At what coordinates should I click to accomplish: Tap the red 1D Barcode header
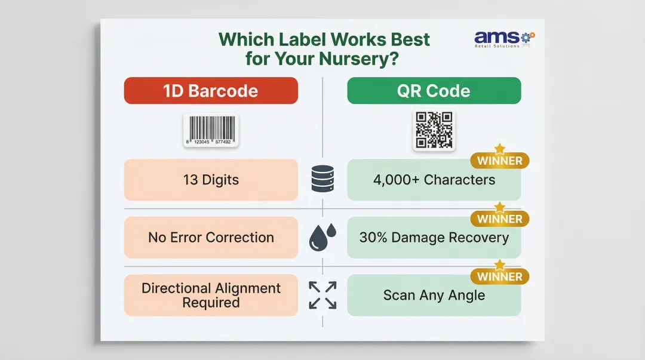pyautogui.click(x=210, y=91)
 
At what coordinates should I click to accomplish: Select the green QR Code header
pyautogui.click(x=434, y=91)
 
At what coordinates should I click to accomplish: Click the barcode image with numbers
pyautogui.click(x=211, y=130)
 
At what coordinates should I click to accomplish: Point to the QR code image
pyautogui.click(x=434, y=130)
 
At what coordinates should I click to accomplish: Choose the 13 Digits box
pyautogui.click(x=211, y=180)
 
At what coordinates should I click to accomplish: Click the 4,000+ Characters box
pyautogui.click(x=434, y=180)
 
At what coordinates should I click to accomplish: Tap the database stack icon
pyautogui.click(x=322, y=180)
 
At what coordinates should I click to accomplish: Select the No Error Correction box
pyautogui.click(x=211, y=237)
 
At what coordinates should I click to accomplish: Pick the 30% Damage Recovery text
pyautogui.click(x=434, y=238)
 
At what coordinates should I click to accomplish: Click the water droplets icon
pyautogui.click(x=322, y=238)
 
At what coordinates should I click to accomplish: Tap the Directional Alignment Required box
pyautogui.click(x=211, y=295)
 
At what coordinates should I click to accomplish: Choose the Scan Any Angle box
pyautogui.click(x=434, y=296)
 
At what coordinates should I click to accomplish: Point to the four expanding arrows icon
pyautogui.click(x=322, y=295)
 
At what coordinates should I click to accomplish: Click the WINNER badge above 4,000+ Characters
pyautogui.click(x=500, y=161)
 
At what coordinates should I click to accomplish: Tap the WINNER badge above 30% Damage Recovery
pyautogui.click(x=500, y=219)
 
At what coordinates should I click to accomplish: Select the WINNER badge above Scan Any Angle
pyautogui.click(x=500, y=276)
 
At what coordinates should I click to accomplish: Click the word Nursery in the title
pyautogui.click(x=360, y=59)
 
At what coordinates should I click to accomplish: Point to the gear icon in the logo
pyautogui.click(x=527, y=37)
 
